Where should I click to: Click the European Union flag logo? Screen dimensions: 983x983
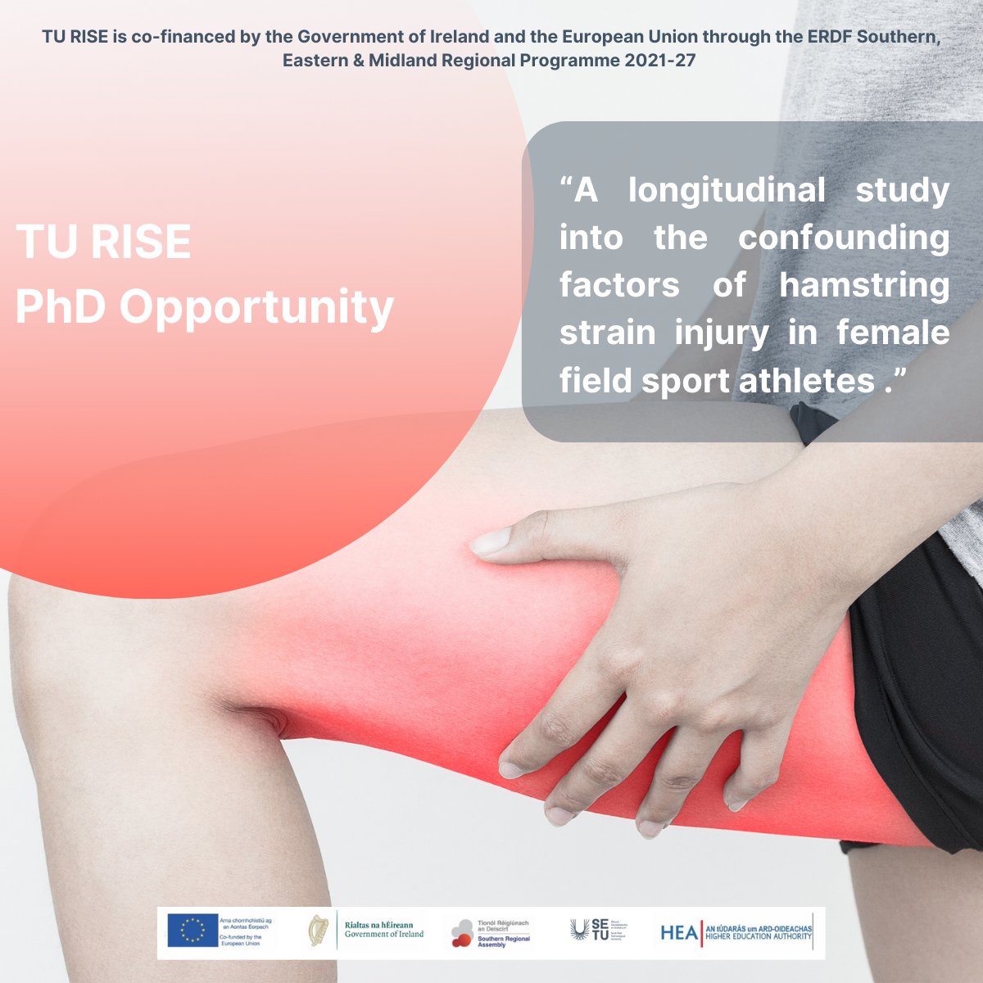(x=193, y=931)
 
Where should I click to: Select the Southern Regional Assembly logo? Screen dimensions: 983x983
(x=462, y=932)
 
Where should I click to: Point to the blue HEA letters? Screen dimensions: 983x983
(x=679, y=932)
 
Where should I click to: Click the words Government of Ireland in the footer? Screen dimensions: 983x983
(x=384, y=935)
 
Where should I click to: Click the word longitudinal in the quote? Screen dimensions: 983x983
(x=727, y=190)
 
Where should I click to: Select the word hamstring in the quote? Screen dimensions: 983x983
(x=863, y=286)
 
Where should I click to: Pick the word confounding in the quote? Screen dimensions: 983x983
(x=844, y=238)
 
